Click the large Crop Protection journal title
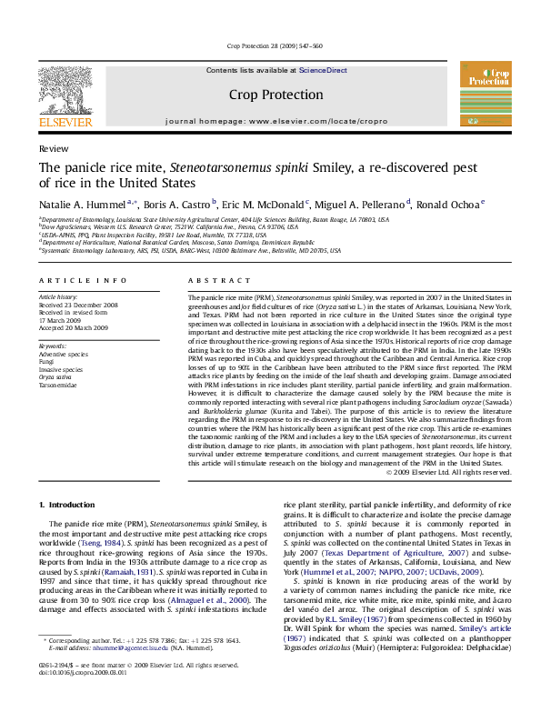(x=270, y=94)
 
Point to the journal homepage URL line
(x=270, y=120)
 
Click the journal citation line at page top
(x=270, y=45)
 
